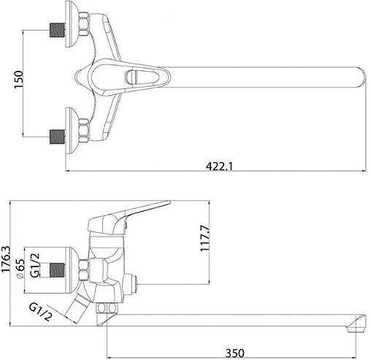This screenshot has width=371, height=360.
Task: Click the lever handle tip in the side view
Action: pyautogui.click(x=167, y=205)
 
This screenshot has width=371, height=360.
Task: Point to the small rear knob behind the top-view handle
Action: pyautogui.click(x=80, y=76)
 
